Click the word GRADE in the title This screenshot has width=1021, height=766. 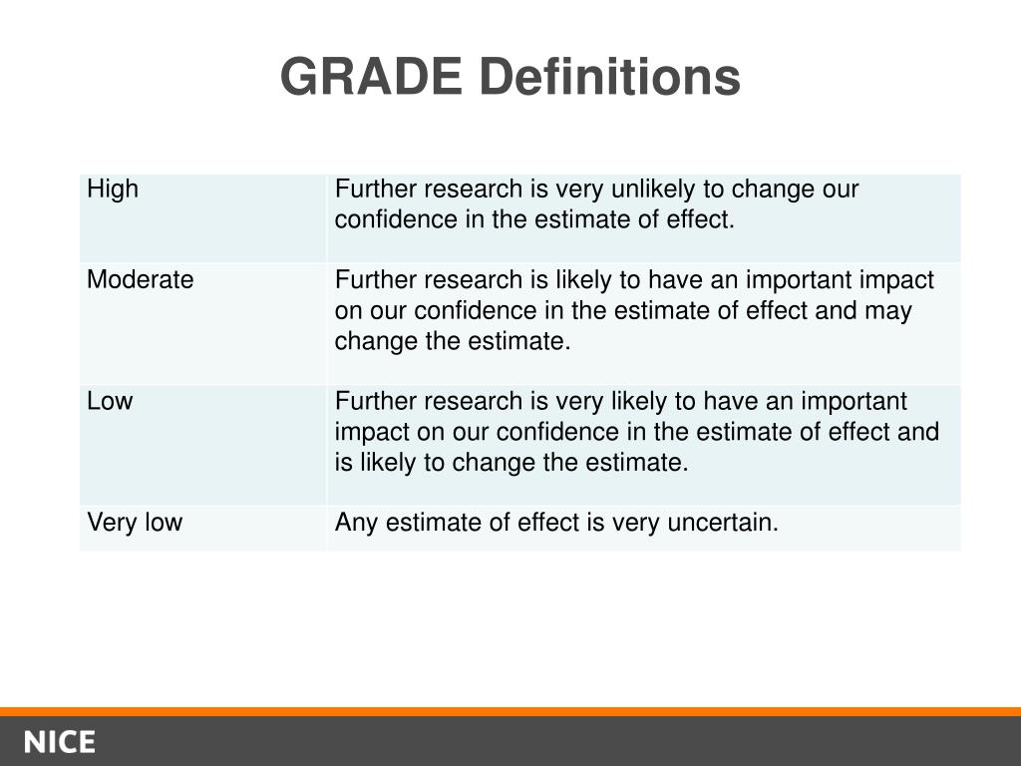(x=371, y=76)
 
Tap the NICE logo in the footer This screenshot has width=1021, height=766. (x=60, y=742)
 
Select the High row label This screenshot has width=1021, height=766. (x=113, y=189)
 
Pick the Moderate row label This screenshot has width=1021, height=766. (x=140, y=279)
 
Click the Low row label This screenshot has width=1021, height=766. (x=110, y=401)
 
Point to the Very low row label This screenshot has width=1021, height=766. (x=135, y=522)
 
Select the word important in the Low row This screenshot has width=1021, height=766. (x=853, y=402)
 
